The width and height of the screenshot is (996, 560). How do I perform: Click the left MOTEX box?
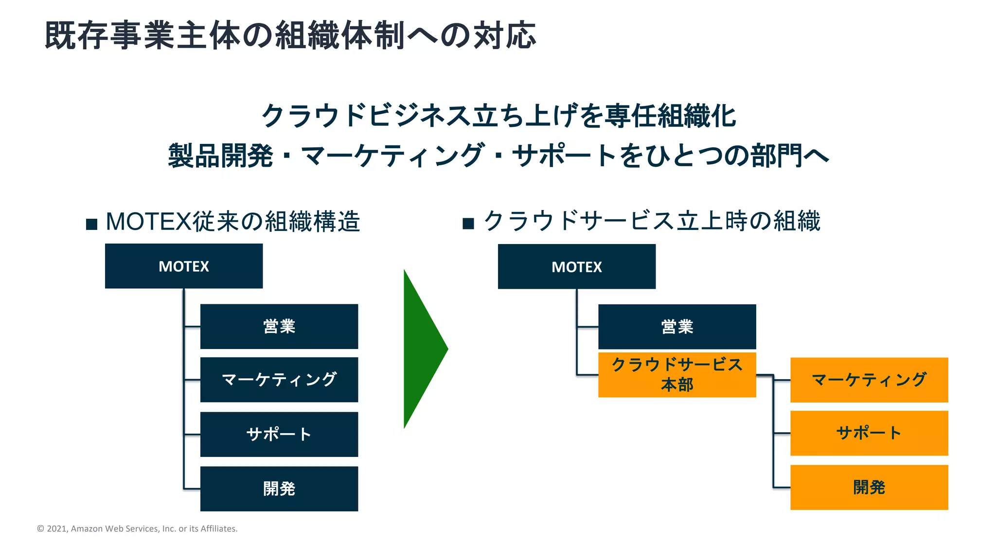click(184, 266)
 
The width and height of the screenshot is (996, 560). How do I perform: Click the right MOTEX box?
click(576, 266)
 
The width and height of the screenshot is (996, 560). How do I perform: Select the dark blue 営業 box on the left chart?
click(279, 326)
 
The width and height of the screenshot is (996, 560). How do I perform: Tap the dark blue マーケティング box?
click(279, 380)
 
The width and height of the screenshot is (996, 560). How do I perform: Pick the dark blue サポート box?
click(279, 434)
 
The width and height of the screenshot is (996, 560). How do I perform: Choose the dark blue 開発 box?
click(279, 489)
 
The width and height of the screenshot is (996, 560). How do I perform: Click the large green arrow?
click(421, 349)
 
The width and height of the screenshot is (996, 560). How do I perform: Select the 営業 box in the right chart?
click(677, 327)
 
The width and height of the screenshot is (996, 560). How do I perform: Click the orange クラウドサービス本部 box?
click(677, 375)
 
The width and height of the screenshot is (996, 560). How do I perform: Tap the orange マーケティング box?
click(869, 380)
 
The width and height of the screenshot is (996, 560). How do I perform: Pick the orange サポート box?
click(869, 433)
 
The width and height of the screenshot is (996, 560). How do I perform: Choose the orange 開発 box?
click(869, 487)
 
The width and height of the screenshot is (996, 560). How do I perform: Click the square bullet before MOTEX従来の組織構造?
click(91, 224)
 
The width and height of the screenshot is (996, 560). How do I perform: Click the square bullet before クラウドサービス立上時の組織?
click(468, 224)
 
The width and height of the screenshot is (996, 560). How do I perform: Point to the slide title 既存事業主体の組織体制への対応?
click(290, 35)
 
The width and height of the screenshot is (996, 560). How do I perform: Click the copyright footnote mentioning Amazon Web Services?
click(137, 528)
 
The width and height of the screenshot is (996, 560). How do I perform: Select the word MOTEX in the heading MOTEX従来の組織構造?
click(148, 222)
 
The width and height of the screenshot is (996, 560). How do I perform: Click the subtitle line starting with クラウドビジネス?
click(498, 116)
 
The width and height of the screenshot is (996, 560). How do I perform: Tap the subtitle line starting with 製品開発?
click(498, 156)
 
